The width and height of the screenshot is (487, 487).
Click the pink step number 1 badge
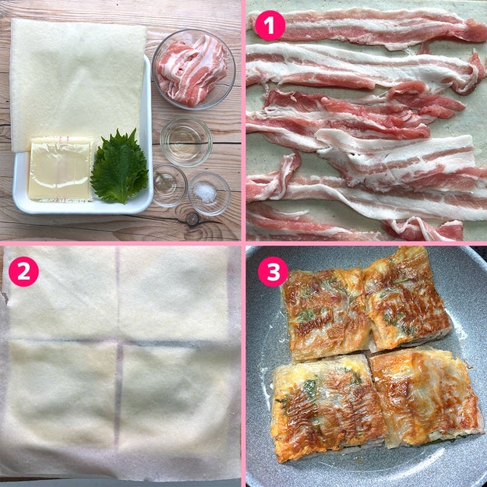tap(270, 26)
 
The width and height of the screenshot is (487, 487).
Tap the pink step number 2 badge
tap(23, 271)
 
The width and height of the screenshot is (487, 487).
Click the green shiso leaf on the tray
tap(119, 167)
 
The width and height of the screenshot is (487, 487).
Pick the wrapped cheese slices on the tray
tap(62, 169)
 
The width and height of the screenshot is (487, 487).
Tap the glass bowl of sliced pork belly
tap(193, 69)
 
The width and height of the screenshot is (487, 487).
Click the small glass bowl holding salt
tap(209, 194)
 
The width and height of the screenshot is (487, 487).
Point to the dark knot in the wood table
tap(192, 219)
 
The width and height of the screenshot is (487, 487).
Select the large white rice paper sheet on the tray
tap(78, 84)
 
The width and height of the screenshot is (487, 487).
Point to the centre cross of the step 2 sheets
tap(118, 341)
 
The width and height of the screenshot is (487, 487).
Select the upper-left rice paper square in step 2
tap(62, 294)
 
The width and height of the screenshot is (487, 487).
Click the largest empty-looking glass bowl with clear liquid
tap(186, 142)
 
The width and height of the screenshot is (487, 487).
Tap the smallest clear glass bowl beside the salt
tap(170, 185)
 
